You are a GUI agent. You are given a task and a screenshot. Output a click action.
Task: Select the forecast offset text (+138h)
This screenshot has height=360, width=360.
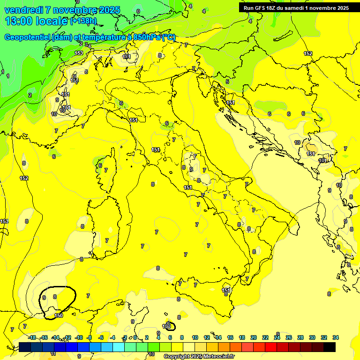pos(83,21)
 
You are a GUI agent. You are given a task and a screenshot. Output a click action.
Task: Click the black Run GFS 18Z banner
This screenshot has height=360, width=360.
pos(296,8)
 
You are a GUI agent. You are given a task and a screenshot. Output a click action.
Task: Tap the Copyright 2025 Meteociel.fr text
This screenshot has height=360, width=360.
pos(199,357)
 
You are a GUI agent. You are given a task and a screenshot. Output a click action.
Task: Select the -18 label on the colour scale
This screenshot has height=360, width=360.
pos(32,337)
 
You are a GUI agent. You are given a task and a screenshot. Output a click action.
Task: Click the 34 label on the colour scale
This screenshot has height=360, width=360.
pos(335,337)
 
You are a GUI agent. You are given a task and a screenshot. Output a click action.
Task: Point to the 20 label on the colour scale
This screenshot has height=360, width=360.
pos(253,337)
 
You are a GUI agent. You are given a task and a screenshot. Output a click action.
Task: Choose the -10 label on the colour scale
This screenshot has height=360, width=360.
pos(79,337)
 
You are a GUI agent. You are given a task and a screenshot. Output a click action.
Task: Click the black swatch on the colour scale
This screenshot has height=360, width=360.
pos(330,347)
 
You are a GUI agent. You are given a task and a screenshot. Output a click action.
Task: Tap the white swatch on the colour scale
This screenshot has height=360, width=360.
pos(188,347)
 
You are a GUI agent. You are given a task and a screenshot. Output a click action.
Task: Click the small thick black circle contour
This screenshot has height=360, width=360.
pos(170,326)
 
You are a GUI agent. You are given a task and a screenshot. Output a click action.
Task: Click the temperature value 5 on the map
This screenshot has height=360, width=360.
pos(227,82)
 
